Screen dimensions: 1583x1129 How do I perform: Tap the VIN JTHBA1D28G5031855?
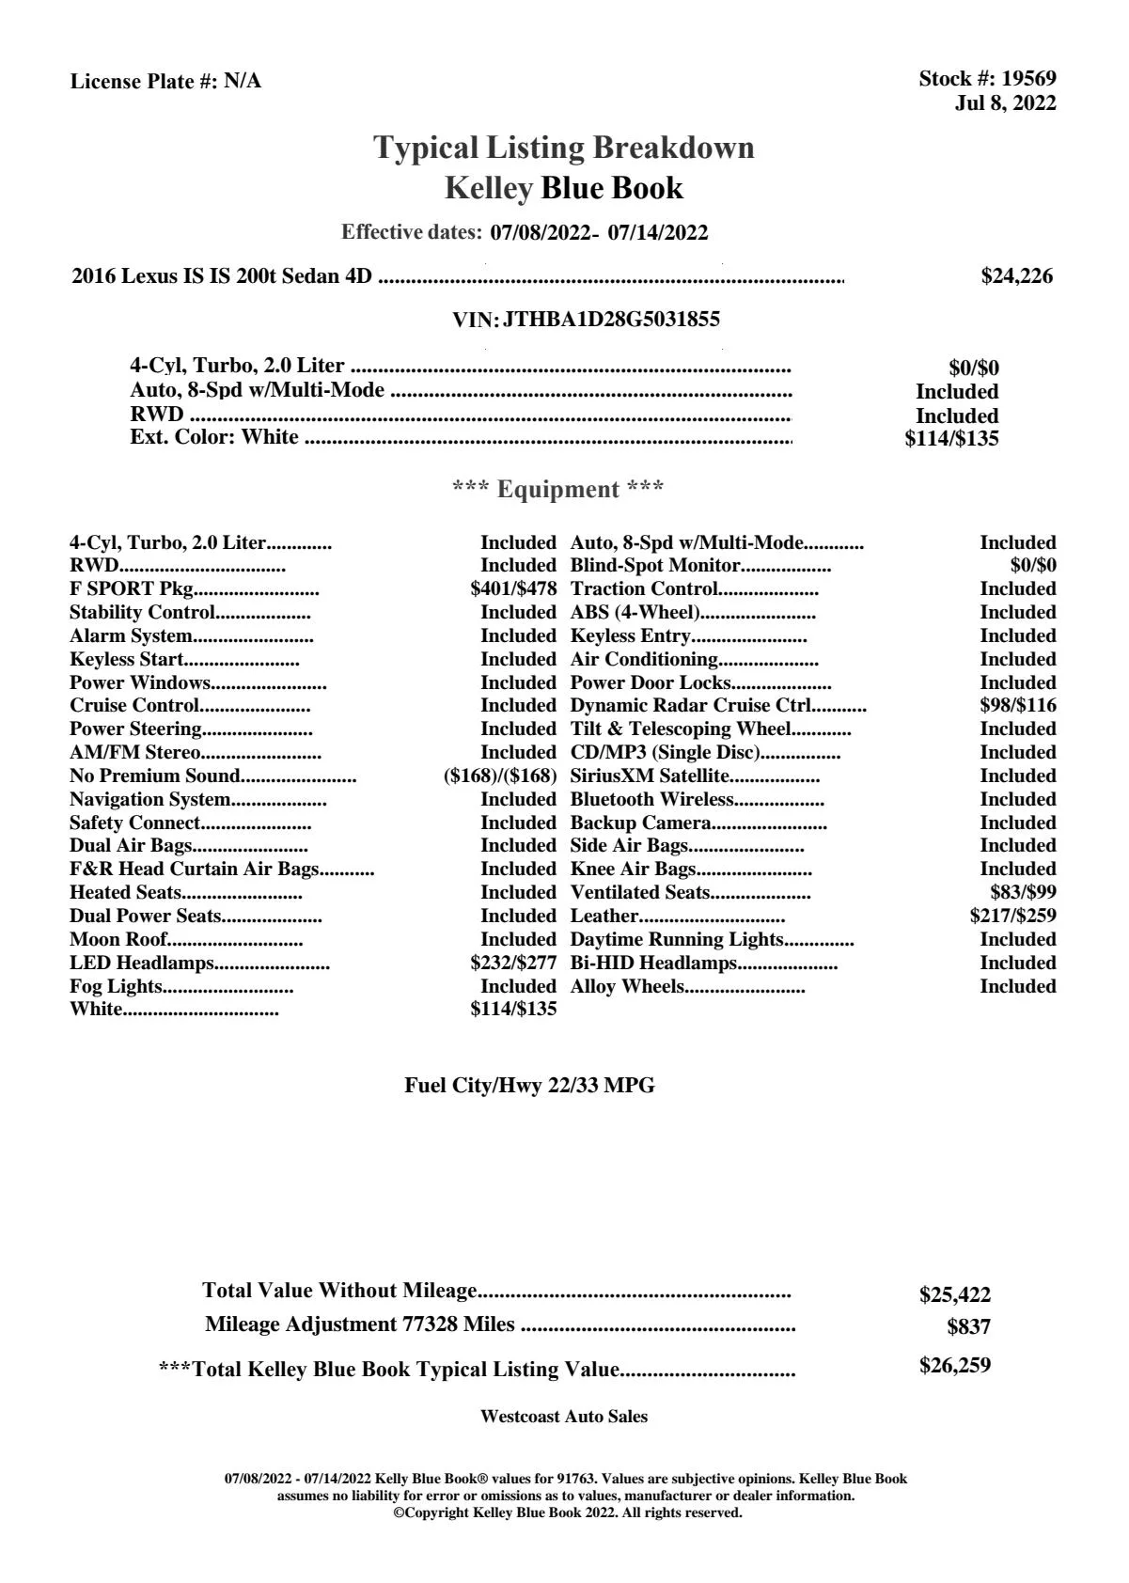[x=611, y=320]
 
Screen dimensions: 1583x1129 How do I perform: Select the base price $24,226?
[x=1016, y=276]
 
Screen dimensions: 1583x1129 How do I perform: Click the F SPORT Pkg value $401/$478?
[x=513, y=589]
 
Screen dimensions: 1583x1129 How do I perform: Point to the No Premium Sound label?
[x=155, y=776]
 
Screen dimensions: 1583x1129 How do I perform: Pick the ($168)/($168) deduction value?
[x=500, y=776]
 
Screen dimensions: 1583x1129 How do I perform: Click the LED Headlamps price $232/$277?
[x=513, y=964]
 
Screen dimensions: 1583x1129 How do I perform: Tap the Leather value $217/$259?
[x=1012, y=917]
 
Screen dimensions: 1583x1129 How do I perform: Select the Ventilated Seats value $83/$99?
[x=1023, y=893]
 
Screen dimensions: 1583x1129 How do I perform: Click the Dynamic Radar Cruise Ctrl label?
[x=691, y=706]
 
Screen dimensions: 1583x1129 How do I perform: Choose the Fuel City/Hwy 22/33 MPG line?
[x=529, y=1086]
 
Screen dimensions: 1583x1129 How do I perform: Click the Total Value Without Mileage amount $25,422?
[x=954, y=1295]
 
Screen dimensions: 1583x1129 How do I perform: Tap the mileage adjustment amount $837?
[x=968, y=1327]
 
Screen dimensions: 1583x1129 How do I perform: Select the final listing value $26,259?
[x=954, y=1366]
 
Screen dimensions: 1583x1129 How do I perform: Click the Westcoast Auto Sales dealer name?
[x=563, y=1417]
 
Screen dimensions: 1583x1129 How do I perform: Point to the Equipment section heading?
[x=557, y=490]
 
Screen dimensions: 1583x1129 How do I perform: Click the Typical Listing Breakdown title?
[x=563, y=148]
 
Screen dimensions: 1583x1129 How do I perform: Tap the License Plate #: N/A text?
[x=165, y=82]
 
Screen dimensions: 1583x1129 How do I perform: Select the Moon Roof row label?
[x=118, y=940]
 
